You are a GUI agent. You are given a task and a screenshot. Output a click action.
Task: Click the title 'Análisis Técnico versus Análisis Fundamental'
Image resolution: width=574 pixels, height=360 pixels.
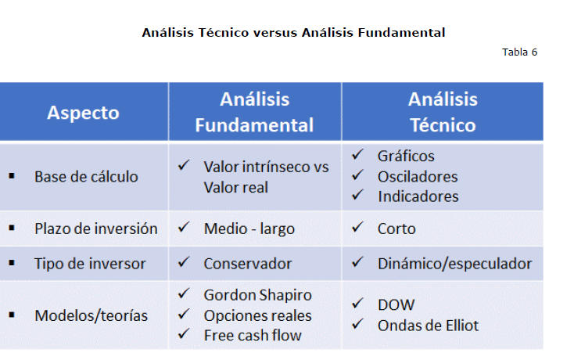(x=293, y=33)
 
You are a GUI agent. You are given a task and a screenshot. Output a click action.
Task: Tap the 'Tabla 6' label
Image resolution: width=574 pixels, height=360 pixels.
(x=519, y=52)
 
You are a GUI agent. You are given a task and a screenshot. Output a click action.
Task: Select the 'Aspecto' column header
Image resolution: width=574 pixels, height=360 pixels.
(x=83, y=113)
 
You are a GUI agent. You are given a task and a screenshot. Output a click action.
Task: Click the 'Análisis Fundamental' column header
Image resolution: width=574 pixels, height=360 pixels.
(x=254, y=112)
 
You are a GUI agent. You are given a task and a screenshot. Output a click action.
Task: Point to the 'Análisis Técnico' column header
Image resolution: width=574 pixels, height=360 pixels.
(x=443, y=112)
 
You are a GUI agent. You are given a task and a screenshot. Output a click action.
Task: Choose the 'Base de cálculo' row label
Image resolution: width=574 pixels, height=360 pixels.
(x=86, y=177)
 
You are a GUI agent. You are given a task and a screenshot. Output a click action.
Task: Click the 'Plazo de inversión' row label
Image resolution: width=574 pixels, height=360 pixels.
(x=96, y=229)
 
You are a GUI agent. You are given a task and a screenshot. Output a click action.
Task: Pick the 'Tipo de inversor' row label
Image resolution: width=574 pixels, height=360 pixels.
(x=90, y=264)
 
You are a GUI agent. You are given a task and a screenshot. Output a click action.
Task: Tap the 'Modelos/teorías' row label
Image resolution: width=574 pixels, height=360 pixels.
(x=91, y=315)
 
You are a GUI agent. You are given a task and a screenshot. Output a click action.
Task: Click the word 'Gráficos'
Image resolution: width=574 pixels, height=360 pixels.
(x=406, y=157)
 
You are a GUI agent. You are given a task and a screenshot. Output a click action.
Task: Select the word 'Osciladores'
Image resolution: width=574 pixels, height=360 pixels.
(x=418, y=177)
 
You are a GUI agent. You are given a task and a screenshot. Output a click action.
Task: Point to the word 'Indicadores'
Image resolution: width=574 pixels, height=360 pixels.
(x=418, y=196)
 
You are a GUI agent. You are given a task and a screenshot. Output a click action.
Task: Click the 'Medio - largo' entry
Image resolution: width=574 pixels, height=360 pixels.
(x=249, y=229)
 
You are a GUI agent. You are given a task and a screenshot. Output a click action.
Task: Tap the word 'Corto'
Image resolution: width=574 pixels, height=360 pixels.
(x=396, y=229)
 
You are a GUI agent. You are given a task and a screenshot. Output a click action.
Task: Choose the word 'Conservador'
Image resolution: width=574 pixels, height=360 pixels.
(x=248, y=264)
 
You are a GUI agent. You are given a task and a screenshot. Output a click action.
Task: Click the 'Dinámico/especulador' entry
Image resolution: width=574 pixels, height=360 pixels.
(x=454, y=264)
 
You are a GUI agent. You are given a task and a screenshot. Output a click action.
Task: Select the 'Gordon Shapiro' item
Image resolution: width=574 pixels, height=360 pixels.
(x=258, y=295)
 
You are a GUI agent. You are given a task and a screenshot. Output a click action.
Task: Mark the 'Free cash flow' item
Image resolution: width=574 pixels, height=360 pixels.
(x=253, y=336)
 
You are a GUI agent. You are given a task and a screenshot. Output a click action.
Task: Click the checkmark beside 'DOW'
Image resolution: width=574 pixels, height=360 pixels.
(x=357, y=303)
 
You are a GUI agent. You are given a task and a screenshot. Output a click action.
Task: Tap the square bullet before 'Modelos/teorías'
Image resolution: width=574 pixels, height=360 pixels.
(x=12, y=315)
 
